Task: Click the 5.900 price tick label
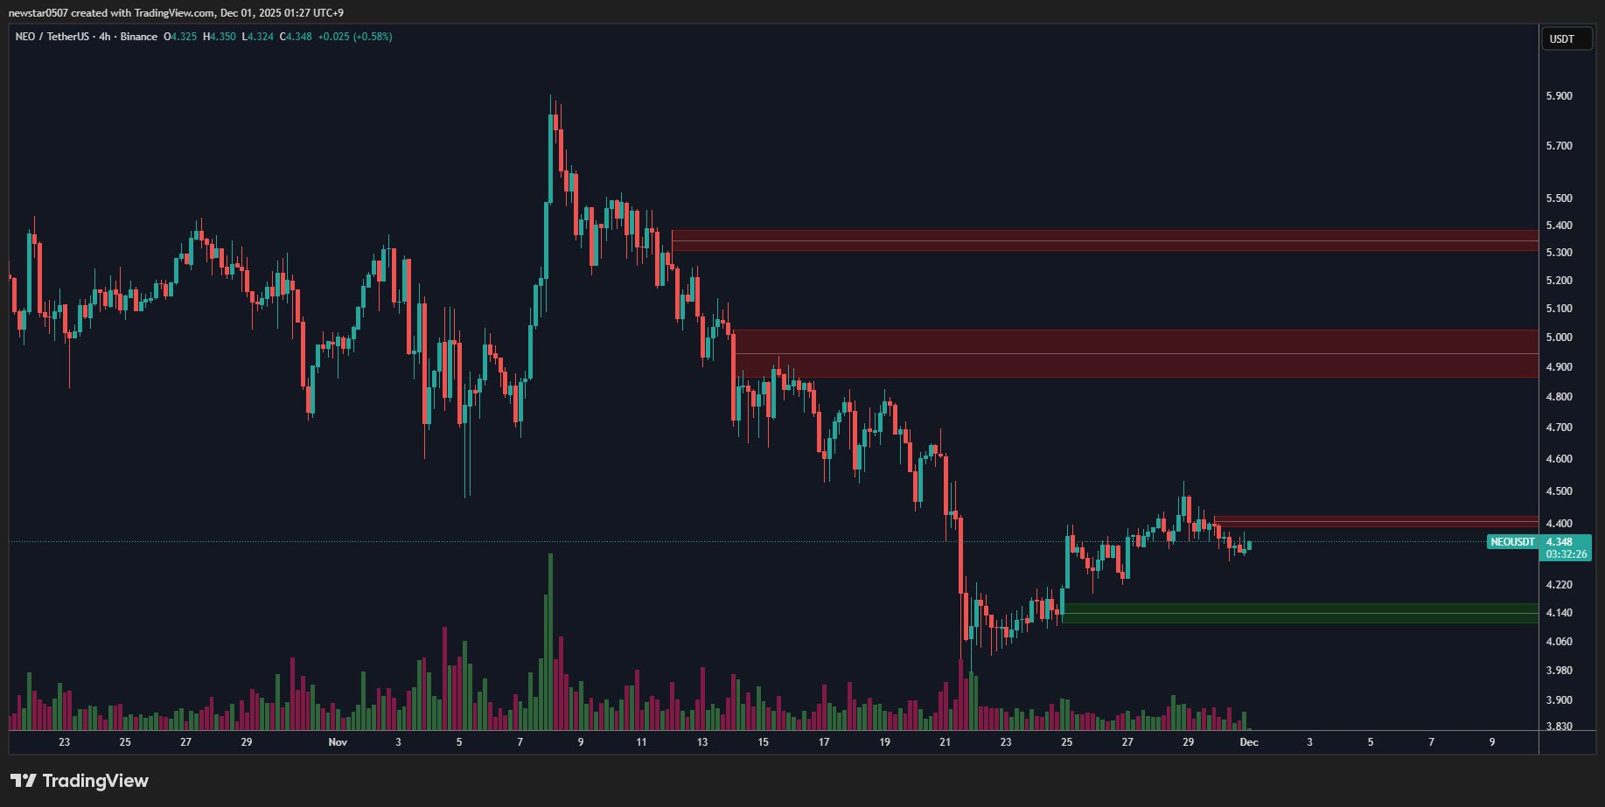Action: (x=1559, y=96)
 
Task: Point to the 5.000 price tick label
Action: (x=1559, y=337)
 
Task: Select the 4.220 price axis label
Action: (x=1559, y=585)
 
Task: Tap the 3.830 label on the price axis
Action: (x=1559, y=727)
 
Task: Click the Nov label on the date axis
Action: (x=338, y=742)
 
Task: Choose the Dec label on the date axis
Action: (x=1249, y=742)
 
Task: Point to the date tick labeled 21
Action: (x=945, y=742)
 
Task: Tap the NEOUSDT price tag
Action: (x=1512, y=542)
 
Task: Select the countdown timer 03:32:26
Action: (x=1566, y=554)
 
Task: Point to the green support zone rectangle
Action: (x=1299, y=613)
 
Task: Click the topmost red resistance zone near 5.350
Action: (x=1104, y=240)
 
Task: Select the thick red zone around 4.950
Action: (x=1135, y=353)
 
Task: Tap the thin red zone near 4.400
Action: (x=1374, y=521)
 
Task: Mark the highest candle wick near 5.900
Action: (x=550, y=98)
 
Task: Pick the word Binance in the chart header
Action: (x=139, y=37)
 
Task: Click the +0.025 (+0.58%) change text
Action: (x=354, y=37)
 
